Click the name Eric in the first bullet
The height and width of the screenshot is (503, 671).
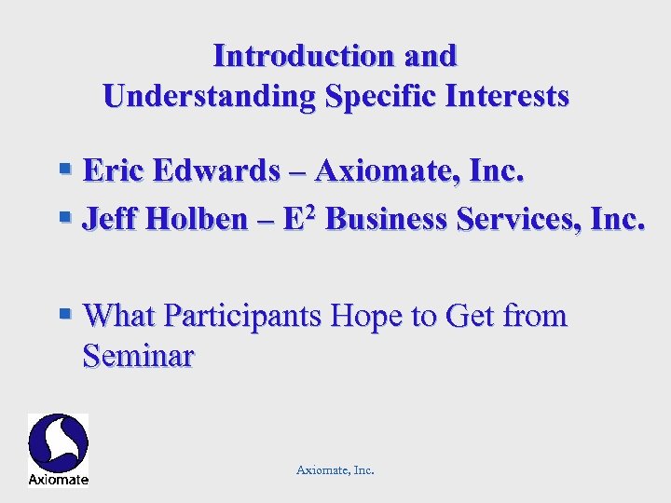click(114, 170)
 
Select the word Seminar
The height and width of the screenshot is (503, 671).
click(138, 355)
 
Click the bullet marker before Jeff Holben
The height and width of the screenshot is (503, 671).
click(65, 218)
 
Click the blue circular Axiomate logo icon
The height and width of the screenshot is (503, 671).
click(58, 442)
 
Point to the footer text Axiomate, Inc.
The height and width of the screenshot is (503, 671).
click(335, 470)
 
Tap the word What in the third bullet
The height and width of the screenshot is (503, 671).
click(119, 317)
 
